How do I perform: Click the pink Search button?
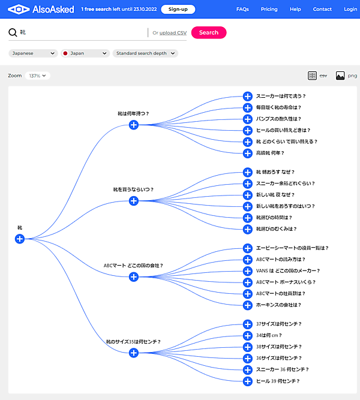pos(209,32)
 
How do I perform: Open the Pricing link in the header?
pos(269,9)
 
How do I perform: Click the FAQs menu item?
pos(242,9)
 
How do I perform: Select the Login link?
pos(350,9)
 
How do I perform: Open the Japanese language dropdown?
pos(33,53)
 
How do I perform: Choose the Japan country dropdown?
pos(85,53)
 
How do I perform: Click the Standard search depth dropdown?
pos(145,53)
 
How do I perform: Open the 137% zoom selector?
pos(38,76)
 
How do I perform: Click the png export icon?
pos(340,76)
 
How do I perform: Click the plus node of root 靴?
pos(20,239)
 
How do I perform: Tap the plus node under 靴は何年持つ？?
pos(134,125)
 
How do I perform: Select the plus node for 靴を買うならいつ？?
pos(134,201)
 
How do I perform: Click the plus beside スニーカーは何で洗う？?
pos(247,96)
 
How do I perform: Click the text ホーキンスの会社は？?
pos(278,305)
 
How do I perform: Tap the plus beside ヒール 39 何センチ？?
pos(247,381)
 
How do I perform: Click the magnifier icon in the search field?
pos(13,32)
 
